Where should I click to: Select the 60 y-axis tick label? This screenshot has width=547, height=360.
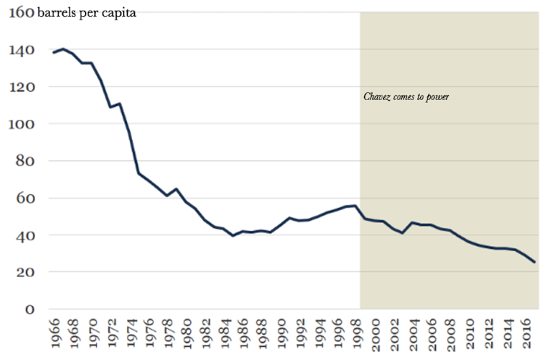tap(23, 198)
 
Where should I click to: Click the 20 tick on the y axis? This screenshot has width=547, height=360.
tap(23, 272)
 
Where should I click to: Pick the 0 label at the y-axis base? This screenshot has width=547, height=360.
tap(28, 309)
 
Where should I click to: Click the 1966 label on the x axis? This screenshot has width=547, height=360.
tap(54, 334)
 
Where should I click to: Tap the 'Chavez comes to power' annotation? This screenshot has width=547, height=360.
tap(406, 97)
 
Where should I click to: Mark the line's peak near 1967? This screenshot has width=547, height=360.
tap(64, 49)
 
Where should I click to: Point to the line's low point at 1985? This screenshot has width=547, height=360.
tap(233, 236)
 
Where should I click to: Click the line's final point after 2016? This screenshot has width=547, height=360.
tap(535, 262)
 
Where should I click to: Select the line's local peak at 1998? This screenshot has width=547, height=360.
tap(355, 205)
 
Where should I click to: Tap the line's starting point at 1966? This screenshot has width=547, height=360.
tap(53, 52)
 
